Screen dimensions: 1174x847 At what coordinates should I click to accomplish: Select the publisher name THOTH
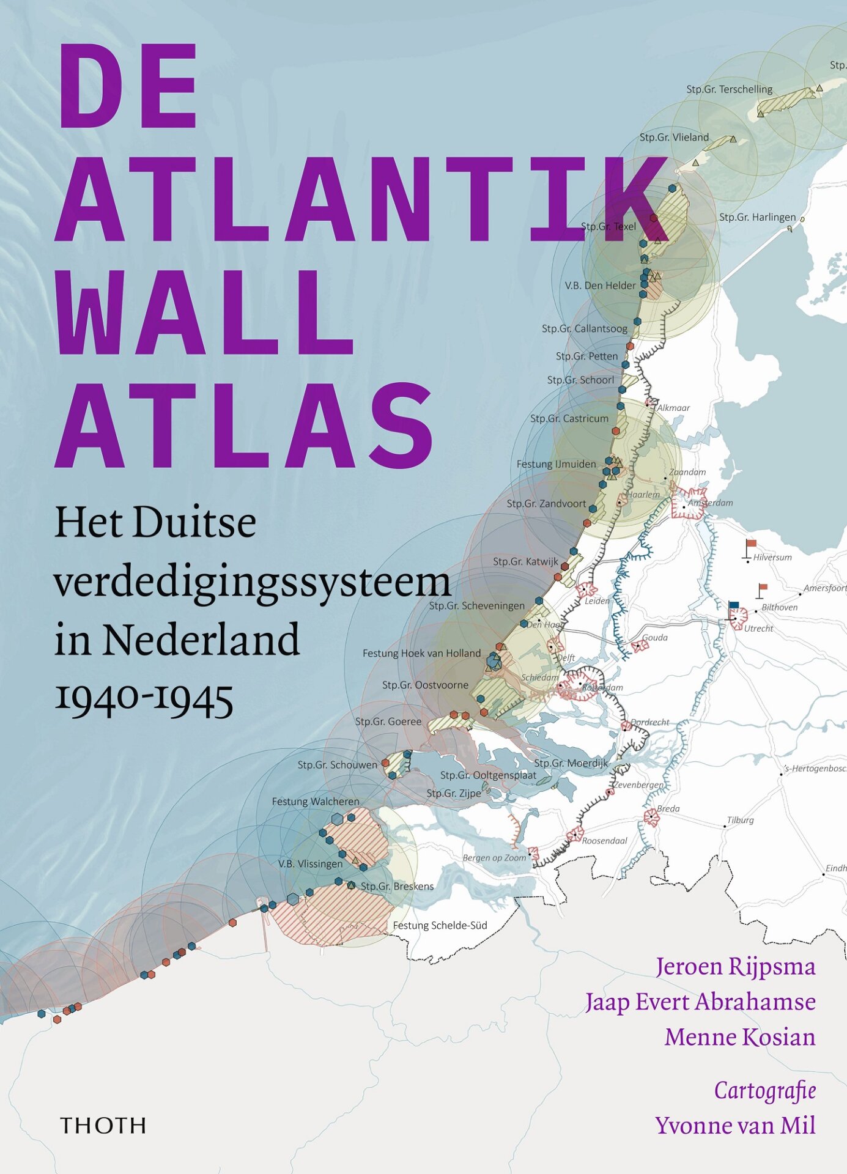tap(103, 1126)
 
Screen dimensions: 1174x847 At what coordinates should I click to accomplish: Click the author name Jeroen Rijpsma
tap(735, 967)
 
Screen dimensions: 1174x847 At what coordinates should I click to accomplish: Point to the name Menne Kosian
tap(740, 1037)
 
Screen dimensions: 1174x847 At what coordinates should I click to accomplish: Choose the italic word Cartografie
tap(764, 1090)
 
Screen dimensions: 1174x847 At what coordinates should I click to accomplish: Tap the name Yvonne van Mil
tap(735, 1125)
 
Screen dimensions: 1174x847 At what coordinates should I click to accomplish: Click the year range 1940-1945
tap(144, 698)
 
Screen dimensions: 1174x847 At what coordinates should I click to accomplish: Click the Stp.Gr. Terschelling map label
tap(729, 89)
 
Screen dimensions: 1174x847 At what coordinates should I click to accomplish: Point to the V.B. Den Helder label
tap(600, 286)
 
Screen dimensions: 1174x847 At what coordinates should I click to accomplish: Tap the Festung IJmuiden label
tap(556, 464)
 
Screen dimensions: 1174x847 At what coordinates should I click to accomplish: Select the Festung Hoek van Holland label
tap(421, 653)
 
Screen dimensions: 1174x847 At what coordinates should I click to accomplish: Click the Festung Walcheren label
tap(316, 801)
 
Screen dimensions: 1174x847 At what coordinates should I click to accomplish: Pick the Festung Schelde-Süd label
tap(440, 925)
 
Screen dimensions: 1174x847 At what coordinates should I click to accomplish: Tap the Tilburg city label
tap(740, 820)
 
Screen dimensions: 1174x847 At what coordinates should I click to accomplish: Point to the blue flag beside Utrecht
tap(734, 606)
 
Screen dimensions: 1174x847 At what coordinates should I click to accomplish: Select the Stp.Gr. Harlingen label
tap(757, 217)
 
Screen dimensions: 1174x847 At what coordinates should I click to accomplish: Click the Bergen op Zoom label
tap(494, 857)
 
